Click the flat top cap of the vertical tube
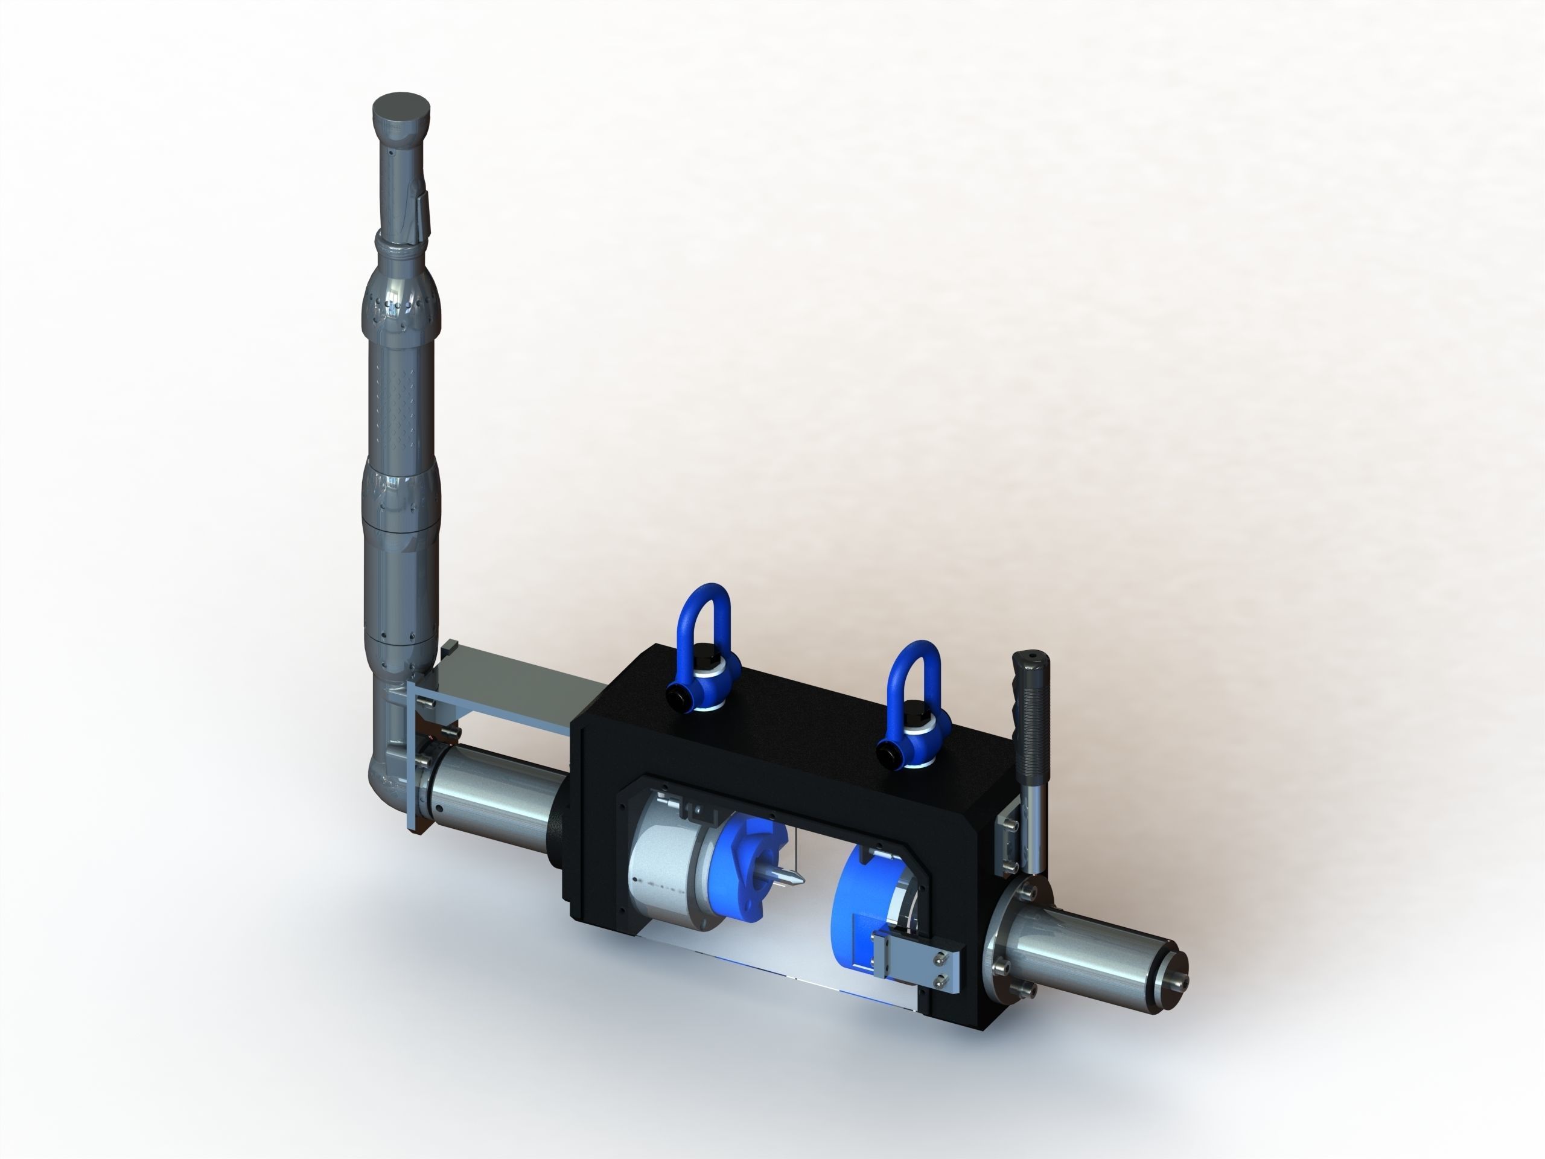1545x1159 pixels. coord(401,110)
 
